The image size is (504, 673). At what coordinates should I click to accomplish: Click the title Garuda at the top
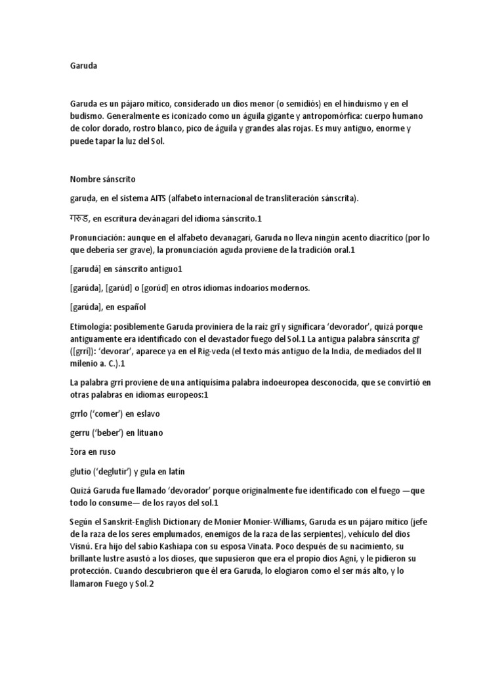pyautogui.click(x=83, y=65)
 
